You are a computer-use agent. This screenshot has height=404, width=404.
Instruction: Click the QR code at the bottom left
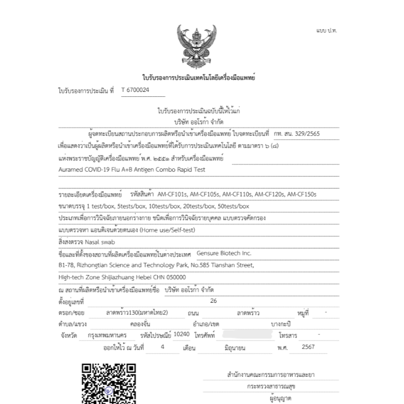tap(108, 383)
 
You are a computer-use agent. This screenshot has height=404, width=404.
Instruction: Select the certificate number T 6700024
tap(135, 90)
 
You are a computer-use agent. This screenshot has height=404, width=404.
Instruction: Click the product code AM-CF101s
tap(176, 194)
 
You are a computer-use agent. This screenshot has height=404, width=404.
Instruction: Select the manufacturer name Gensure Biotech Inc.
tap(224, 253)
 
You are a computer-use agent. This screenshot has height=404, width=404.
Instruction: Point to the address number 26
tap(213, 301)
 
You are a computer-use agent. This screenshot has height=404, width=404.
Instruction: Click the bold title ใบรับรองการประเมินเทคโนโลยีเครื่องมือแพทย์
tap(198, 78)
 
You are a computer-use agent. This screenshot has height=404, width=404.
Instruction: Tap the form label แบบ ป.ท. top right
tap(326, 31)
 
